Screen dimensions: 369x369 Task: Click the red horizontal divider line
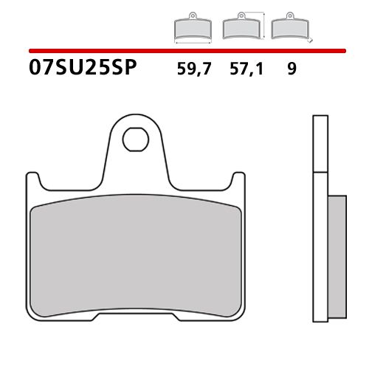point(184,51)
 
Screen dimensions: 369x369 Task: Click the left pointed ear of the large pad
point(30,177)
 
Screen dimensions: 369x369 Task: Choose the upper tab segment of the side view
point(320,144)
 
